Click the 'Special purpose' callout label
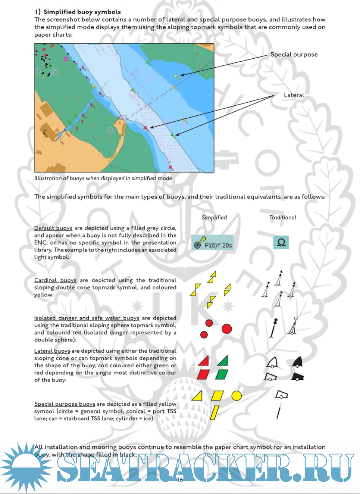[294, 54]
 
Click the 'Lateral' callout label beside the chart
[294, 95]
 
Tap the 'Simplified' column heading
[214, 217]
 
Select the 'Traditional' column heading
[283, 217]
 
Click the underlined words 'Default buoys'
[53, 228]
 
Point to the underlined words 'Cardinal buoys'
[55, 280]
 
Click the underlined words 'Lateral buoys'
[52, 351]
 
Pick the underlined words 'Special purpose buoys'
[65, 404]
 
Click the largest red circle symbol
[227, 328]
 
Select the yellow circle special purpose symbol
[236, 395]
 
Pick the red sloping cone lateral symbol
[204, 361]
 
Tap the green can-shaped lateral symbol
[222, 374]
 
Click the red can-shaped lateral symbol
[203, 374]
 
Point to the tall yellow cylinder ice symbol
[215, 412]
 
